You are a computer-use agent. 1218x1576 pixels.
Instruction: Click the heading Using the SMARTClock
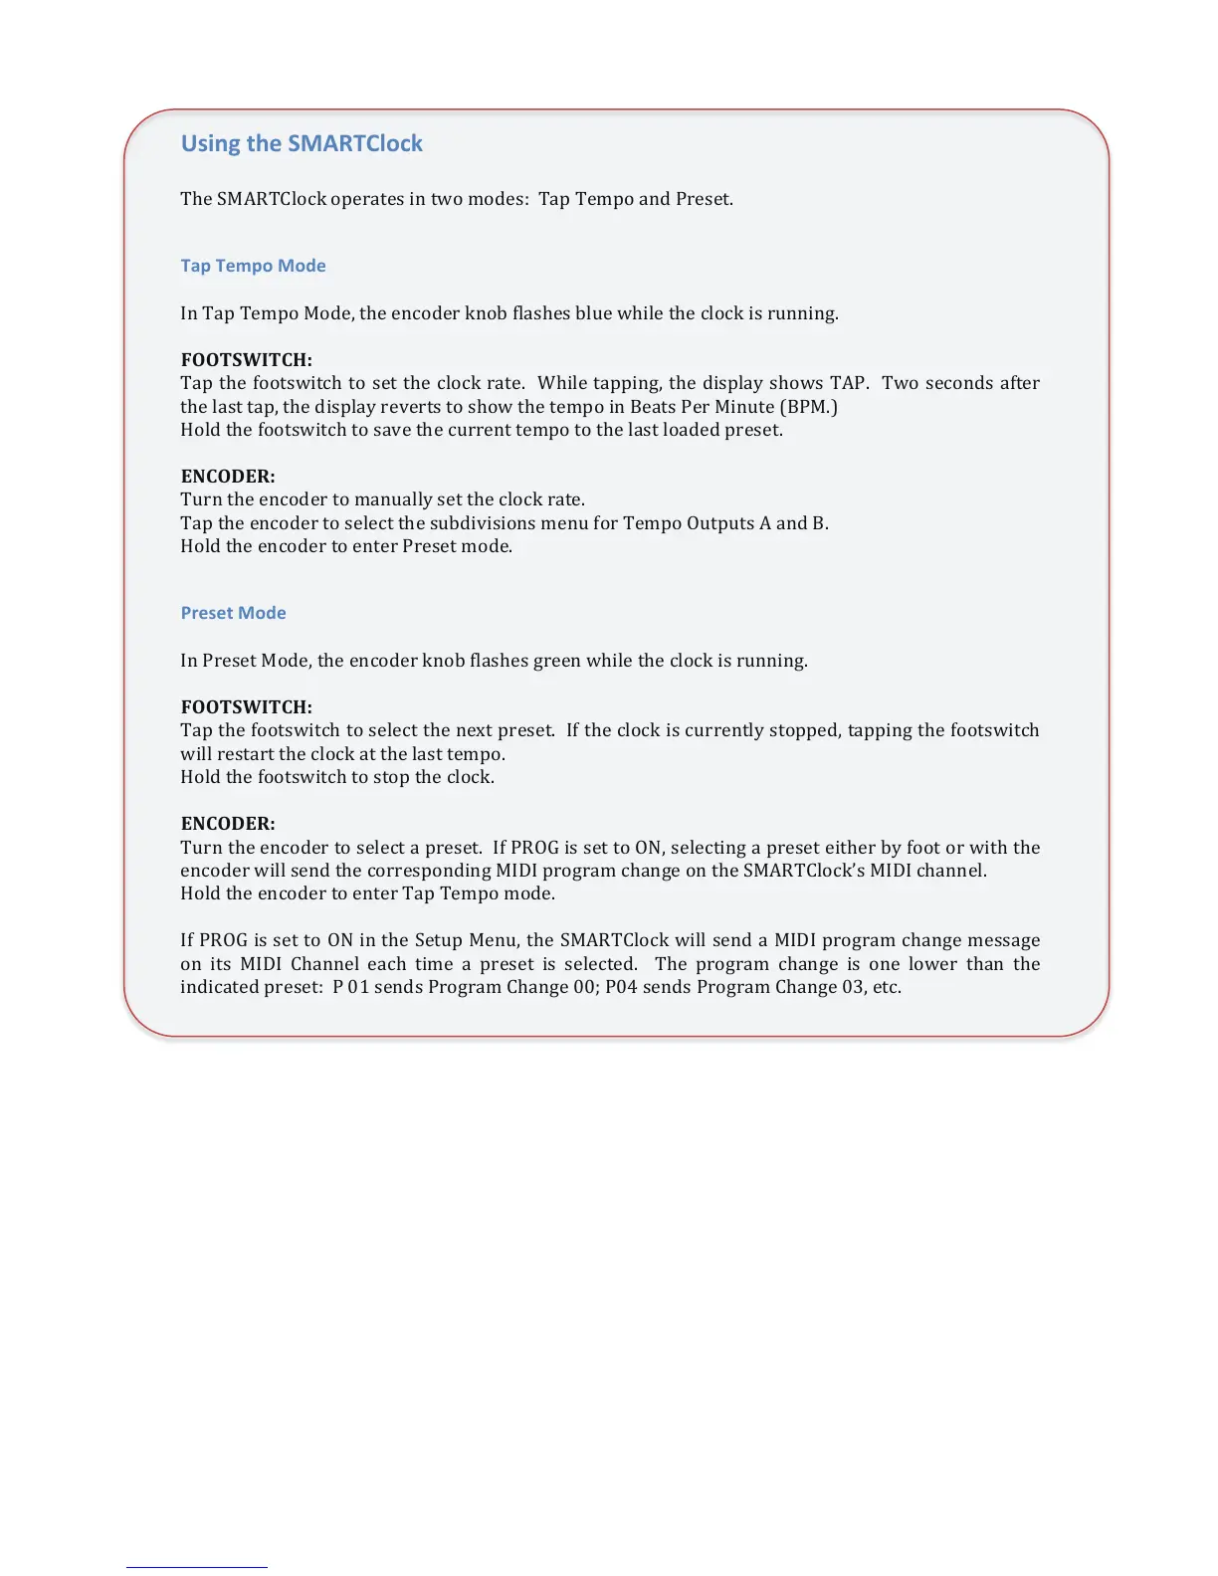pos(302,143)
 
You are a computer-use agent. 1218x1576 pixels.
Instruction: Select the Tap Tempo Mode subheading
pos(253,266)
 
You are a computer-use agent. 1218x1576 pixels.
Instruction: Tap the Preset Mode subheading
pos(233,613)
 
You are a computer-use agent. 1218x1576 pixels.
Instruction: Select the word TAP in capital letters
pos(848,383)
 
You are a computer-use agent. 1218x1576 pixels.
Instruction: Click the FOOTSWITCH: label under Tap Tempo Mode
pos(246,360)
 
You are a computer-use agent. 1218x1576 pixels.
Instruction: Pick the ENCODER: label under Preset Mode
pos(228,824)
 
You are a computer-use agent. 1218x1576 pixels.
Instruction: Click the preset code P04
pos(621,987)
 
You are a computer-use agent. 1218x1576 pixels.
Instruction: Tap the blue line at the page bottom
pos(196,1567)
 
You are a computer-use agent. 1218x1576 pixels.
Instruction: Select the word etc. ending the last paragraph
pos(887,987)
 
